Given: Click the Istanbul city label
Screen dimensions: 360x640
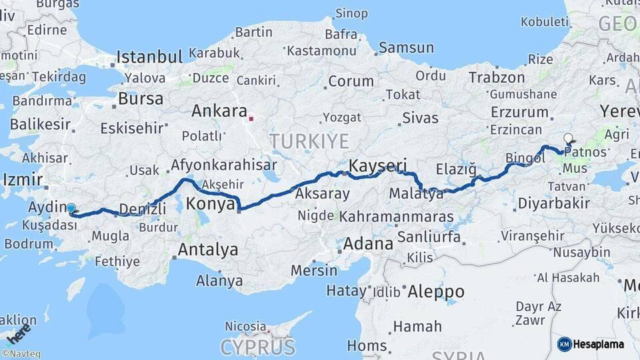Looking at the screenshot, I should coord(149,57).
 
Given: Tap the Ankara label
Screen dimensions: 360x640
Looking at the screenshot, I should coord(219,111).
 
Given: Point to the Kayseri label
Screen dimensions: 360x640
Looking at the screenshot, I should coord(378,164).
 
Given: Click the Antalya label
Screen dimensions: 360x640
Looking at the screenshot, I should coord(209,250).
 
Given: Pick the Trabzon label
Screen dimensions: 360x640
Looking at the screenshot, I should coord(497,77).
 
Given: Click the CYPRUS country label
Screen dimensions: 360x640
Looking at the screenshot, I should coord(257,347).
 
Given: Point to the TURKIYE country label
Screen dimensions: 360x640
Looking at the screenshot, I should coord(309,141).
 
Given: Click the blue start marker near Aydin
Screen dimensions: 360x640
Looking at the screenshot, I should coord(71,209).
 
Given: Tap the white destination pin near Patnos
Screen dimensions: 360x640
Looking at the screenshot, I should coord(568,139).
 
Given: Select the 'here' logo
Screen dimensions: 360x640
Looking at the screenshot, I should coord(18,330).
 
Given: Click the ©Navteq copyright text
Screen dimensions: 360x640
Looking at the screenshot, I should coord(21,354).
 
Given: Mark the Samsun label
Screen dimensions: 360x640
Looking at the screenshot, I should coord(406,48).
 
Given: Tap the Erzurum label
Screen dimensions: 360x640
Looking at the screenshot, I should coord(519,112).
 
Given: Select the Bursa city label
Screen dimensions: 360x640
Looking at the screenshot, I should coord(140,99).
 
